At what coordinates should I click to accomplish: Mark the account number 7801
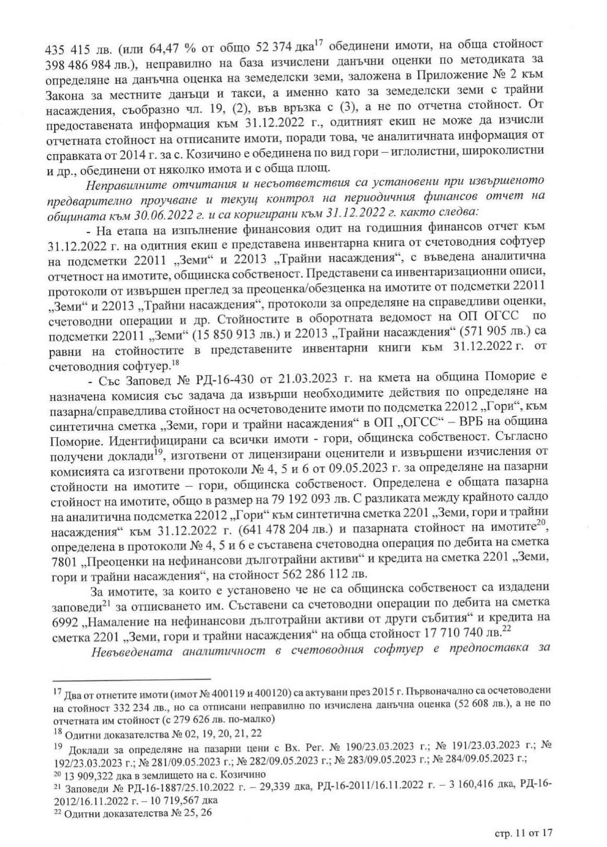click(64, 557)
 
